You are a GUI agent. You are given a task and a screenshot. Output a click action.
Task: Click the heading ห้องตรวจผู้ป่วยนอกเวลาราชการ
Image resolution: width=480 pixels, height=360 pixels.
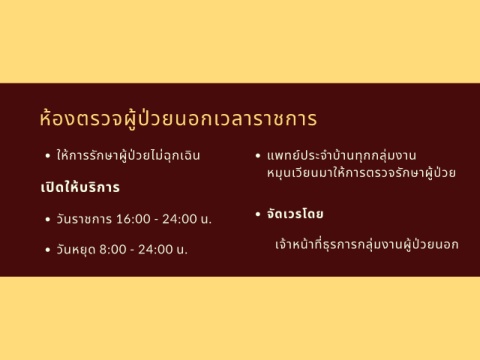pyautogui.click(x=178, y=118)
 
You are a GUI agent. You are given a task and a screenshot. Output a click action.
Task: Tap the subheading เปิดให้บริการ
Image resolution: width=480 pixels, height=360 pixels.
pyautogui.click(x=80, y=187)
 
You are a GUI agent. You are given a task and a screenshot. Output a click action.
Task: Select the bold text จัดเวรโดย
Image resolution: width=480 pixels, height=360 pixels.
pyautogui.click(x=295, y=213)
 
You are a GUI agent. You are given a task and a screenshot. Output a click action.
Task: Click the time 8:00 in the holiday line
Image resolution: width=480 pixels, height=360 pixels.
pyautogui.click(x=113, y=249)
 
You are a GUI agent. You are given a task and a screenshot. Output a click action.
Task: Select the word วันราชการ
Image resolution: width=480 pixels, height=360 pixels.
pyautogui.click(x=84, y=219)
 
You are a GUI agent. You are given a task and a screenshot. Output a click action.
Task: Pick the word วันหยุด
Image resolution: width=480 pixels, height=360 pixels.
pyautogui.click(x=75, y=249)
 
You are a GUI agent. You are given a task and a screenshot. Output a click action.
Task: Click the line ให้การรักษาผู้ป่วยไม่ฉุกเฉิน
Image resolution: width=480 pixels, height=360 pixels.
pyautogui.click(x=128, y=155)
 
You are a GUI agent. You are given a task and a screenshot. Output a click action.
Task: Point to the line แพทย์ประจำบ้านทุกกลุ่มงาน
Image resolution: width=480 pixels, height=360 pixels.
pyautogui.click(x=341, y=155)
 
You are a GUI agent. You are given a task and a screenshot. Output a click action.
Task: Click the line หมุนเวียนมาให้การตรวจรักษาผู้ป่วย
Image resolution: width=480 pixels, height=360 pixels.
pyautogui.click(x=361, y=173)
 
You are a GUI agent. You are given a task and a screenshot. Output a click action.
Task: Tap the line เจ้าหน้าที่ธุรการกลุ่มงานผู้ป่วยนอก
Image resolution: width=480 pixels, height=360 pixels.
pyautogui.click(x=367, y=244)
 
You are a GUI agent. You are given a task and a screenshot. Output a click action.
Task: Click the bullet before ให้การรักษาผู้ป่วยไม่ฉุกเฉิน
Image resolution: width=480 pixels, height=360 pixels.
pyautogui.click(x=48, y=156)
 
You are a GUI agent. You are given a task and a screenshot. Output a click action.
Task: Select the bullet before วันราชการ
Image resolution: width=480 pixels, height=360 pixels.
pyautogui.click(x=48, y=219)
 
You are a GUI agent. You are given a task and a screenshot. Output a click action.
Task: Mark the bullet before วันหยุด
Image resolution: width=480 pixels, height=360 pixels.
pyautogui.click(x=48, y=250)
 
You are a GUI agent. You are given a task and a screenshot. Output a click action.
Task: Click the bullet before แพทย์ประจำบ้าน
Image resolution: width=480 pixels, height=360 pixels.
pyautogui.click(x=258, y=156)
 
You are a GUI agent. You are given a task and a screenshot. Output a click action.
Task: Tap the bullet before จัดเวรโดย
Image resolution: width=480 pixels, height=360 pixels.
pyautogui.click(x=258, y=214)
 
